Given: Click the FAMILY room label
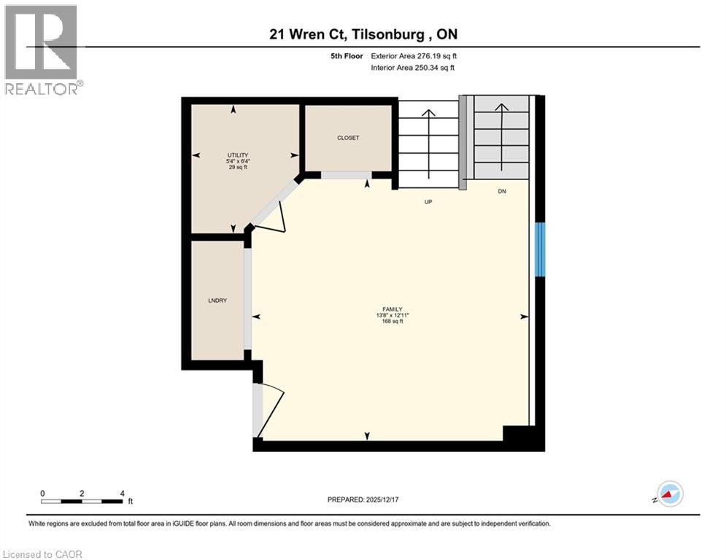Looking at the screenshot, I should click(x=390, y=309).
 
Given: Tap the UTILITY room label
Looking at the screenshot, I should click(x=238, y=155).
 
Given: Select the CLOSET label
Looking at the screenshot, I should click(x=348, y=138).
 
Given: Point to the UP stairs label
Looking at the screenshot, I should click(x=429, y=202).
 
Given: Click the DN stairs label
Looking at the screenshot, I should click(x=502, y=192).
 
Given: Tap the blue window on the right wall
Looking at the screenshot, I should click(x=540, y=249).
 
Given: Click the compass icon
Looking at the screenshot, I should click(x=669, y=494).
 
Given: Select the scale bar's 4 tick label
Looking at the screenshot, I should click(x=122, y=493).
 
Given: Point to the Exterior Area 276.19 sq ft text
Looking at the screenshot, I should click(x=414, y=55).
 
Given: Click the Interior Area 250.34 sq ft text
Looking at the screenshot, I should click(x=414, y=68).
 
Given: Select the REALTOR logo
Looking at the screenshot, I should click(x=42, y=50).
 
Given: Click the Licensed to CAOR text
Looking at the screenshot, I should click(x=42, y=554).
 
